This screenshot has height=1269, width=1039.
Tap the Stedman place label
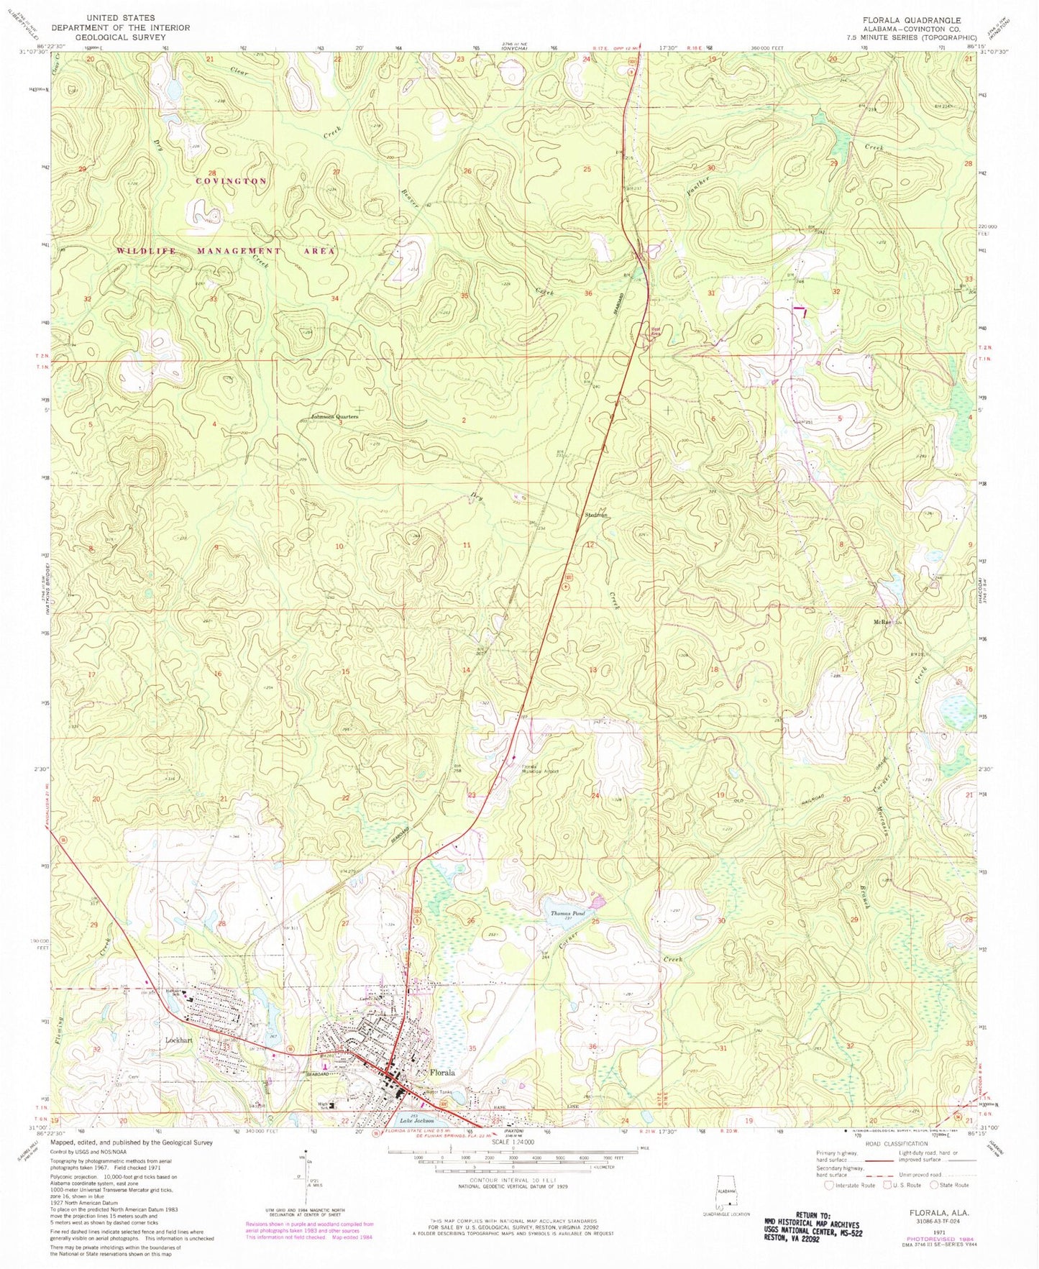point(597,516)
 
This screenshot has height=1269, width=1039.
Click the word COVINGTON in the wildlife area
point(232,181)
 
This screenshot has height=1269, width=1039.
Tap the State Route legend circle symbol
point(936,1185)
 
